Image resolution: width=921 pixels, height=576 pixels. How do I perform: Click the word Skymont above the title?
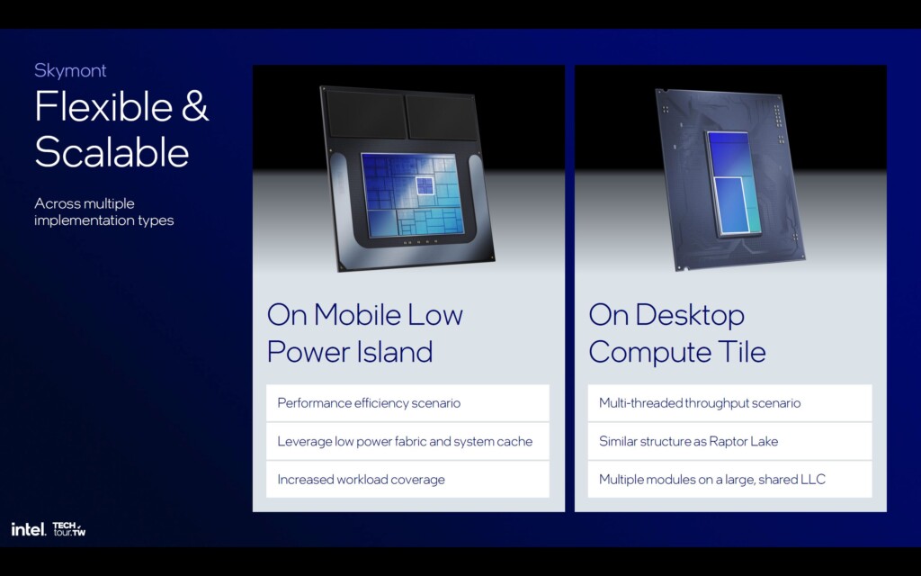pos(70,70)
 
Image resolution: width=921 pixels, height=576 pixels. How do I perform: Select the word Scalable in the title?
pos(112,152)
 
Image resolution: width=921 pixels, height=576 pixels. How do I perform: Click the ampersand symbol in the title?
pos(195,107)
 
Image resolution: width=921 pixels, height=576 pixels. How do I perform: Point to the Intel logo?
pos(28,529)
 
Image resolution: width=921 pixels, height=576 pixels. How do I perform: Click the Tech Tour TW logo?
pos(69,529)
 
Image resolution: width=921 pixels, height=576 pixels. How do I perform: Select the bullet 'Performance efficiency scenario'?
pos(369,403)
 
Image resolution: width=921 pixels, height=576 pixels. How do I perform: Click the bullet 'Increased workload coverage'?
pos(361,480)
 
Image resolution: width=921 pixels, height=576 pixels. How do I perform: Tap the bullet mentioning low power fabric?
pos(405,441)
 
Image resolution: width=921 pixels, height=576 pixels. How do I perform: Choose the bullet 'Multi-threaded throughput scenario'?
pos(700,403)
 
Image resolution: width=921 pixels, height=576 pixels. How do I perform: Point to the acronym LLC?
pos(813,480)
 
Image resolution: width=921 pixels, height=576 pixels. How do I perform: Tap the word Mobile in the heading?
pos(360,315)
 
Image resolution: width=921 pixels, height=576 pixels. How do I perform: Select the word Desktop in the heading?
pos(690,315)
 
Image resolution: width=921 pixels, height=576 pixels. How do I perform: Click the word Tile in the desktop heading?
pos(743,351)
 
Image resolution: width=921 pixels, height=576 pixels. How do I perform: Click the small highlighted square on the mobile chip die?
pos(425,185)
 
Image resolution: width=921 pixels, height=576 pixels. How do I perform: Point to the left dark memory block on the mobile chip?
pos(364,116)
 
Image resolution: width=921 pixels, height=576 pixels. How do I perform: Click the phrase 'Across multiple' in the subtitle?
pos(85,203)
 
